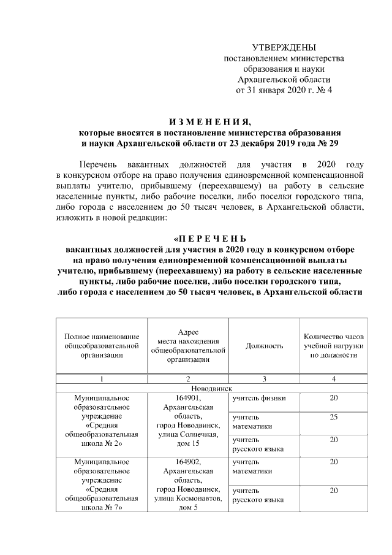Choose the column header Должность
(264, 346)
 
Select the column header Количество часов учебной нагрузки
(333, 346)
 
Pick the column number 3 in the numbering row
(264, 378)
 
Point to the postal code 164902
(188, 461)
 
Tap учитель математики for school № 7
(249, 466)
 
